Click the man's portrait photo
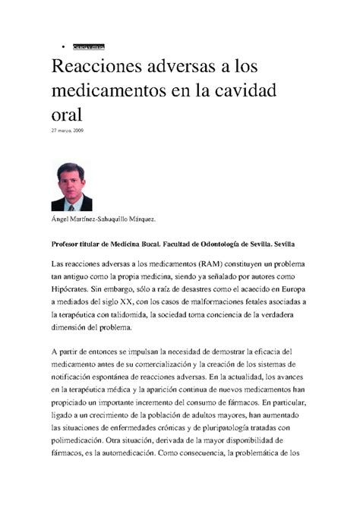(x=71, y=187)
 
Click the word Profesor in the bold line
(x=70, y=244)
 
